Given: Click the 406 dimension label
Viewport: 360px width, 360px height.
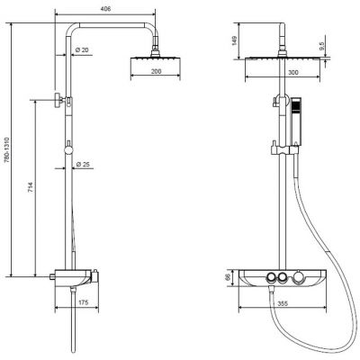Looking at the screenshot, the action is (x=105, y=9).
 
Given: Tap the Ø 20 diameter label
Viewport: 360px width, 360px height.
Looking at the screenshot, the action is (x=82, y=49).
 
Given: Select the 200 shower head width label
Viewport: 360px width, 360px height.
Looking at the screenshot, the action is (x=156, y=71).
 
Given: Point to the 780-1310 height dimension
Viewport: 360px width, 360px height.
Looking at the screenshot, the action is (x=6, y=150).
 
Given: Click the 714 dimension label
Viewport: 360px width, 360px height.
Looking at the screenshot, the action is (x=31, y=187).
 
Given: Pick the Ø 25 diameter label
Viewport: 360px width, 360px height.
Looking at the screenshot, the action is (x=83, y=164).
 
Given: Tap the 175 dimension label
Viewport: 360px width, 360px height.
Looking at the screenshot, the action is (x=83, y=302).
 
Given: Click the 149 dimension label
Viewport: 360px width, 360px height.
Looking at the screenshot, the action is (x=234, y=40).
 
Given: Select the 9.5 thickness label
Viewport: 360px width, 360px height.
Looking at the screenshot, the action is (x=322, y=46).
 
